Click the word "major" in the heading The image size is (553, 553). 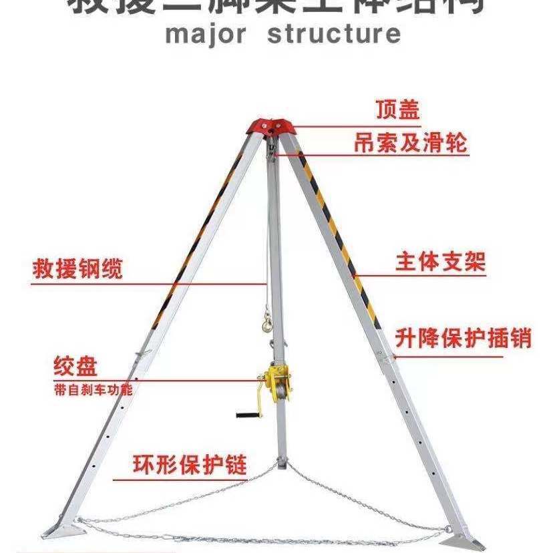coord(206,33)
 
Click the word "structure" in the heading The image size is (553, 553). coord(334,33)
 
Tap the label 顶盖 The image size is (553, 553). coord(397,110)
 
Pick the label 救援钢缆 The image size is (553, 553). coord(78,270)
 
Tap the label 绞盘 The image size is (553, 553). coord(76,366)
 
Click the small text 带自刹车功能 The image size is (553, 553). coord(93,389)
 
